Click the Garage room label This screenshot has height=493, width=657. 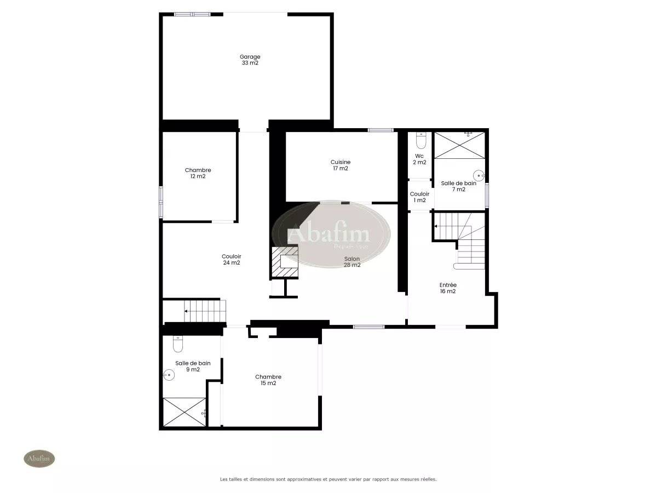(x=250, y=60)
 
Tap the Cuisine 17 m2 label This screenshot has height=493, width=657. (x=341, y=165)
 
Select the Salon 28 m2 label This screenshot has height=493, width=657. (x=351, y=262)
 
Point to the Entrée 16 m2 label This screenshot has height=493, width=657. (x=448, y=288)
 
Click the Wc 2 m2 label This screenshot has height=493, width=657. (x=419, y=159)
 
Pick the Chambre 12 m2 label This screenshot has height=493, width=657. (x=198, y=173)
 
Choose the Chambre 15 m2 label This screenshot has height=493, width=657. (x=268, y=380)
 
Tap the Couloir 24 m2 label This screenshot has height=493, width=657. (x=232, y=259)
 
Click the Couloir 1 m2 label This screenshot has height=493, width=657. (x=419, y=197)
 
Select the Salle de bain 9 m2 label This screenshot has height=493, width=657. (x=193, y=366)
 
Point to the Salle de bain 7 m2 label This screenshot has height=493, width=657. (x=459, y=186)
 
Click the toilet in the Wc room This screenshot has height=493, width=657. (x=421, y=141)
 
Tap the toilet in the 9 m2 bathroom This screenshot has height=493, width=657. (x=178, y=344)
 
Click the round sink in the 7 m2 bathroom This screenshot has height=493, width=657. (x=479, y=175)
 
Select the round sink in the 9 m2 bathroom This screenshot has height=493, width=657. (x=169, y=375)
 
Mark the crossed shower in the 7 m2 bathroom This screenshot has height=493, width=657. (x=459, y=145)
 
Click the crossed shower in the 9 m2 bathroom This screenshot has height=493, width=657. (x=185, y=412)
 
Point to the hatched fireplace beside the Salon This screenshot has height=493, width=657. (x=285, y=262)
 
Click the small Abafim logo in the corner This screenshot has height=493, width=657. (x=39, y=458)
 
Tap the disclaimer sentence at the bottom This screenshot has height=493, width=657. (x=328, y=479)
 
